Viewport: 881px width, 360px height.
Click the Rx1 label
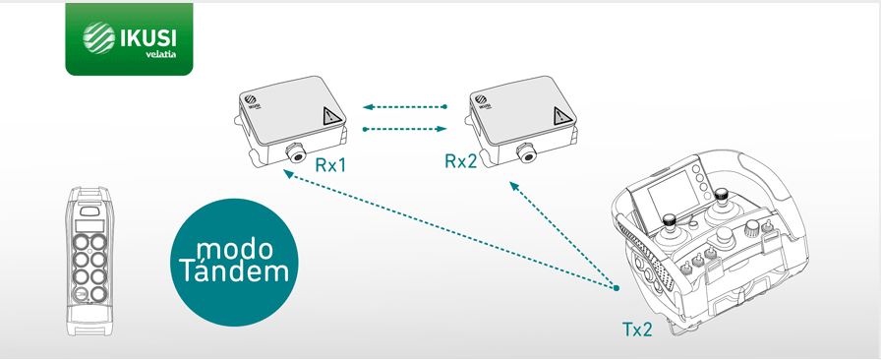tap(331, 164)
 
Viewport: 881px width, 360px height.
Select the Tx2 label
tap(637, 330)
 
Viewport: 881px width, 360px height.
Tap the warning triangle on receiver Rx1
tap(325, 119)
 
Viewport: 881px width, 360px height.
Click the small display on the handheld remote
tap(90, 212)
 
